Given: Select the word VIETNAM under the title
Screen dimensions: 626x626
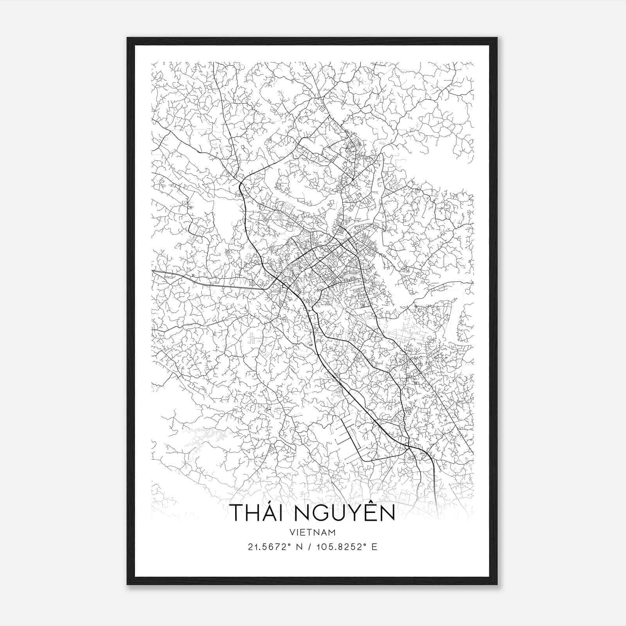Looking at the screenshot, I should [x=313, y=532].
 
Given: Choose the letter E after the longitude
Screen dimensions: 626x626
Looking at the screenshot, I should [x=375, y=547].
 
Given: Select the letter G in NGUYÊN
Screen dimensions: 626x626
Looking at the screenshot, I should [x=321, y=513].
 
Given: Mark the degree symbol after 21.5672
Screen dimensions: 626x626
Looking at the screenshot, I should [x=290, y=545].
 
